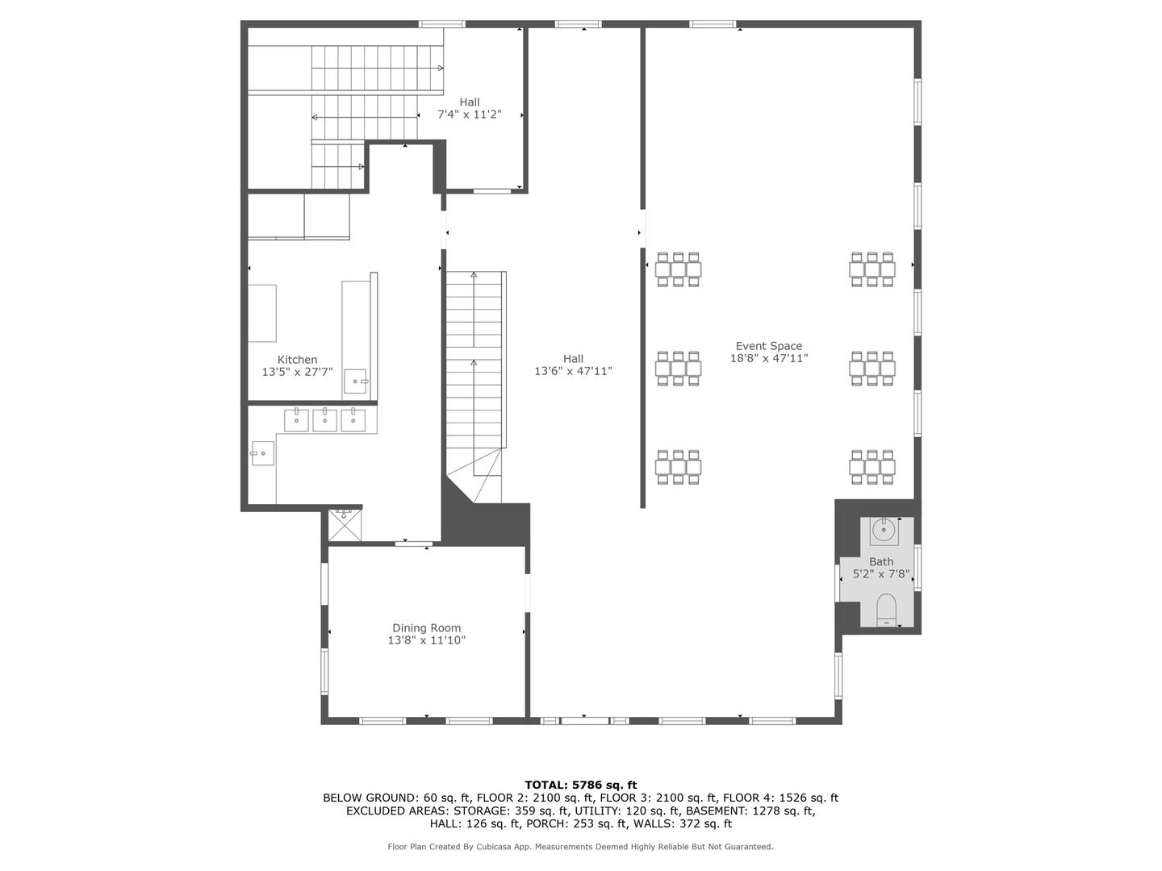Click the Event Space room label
(x=768, y=346)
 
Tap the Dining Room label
(x=426, y=627)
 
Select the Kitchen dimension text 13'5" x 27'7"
(x=297, y=372)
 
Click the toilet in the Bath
(x=886, y=610)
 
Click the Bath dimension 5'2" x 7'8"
(x=881, y=574)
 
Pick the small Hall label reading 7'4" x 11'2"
(x=469, y=115)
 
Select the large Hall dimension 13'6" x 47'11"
(x=573, y=371)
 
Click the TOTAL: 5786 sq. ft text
(x=580, y=785)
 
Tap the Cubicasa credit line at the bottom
(x=580, y=847)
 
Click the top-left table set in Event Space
(x=678, y=269)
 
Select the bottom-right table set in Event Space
(x=872, y=467)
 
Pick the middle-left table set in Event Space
(x=678, y=368)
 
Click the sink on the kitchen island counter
(x=355, y=381)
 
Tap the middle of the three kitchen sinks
(x=324, y=420)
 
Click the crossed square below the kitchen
(x=345, y=524)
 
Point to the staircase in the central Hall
(x=476, y=363)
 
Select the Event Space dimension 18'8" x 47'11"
(x=768, y=358)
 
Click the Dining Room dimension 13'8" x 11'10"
(x=426, y=640)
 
